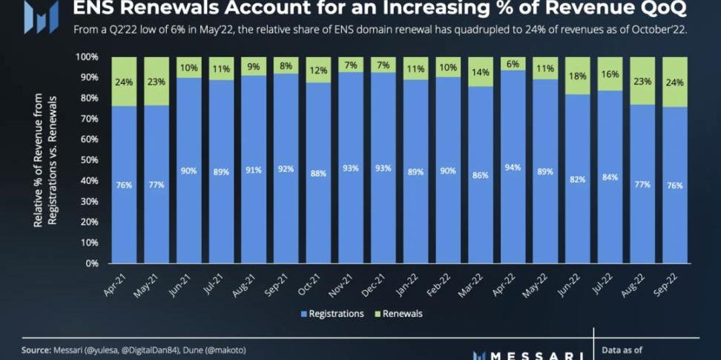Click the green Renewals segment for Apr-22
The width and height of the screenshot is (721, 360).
click(x=513, y=64)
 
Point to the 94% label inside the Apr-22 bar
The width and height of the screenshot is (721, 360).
click(x=513, y=168)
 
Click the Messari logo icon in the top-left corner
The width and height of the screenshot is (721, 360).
click(x=41, y=16)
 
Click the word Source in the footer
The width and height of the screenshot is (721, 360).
click(x=36, y=350)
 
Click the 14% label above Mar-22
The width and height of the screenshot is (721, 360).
click(x=481, y=73)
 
